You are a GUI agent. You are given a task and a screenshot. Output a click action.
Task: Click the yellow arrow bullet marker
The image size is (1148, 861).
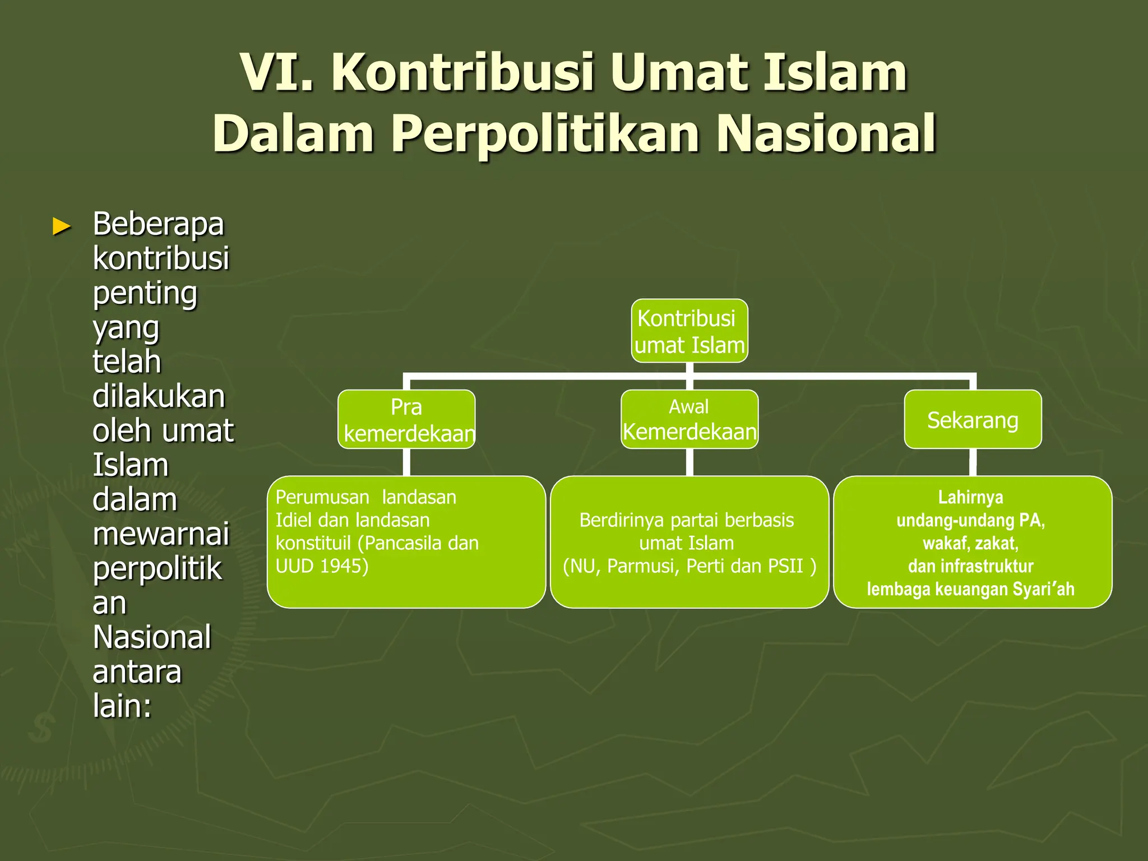[x=62, y=226]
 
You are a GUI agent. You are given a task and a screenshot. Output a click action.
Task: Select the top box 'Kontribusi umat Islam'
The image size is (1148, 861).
[x=689, y=331]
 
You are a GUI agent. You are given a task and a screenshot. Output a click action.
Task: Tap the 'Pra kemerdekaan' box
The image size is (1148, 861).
[x=406, y=419]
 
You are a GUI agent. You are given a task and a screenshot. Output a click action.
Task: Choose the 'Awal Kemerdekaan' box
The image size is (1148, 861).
[x=689, y=419]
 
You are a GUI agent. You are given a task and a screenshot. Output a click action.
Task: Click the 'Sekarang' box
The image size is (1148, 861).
[x=973, y=420]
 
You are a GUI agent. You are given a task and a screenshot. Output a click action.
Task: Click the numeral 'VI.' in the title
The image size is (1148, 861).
[x=277, y=72]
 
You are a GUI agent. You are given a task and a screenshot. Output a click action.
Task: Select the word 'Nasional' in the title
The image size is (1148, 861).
[x=826, y=133]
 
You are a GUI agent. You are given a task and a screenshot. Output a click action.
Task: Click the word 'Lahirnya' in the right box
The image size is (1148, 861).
[x=970, y=497]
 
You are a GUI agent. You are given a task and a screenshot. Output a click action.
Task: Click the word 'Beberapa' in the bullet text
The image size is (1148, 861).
[x=158, y=224]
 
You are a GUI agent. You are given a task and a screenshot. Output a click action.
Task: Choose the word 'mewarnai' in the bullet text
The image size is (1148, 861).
[x=161, y=534]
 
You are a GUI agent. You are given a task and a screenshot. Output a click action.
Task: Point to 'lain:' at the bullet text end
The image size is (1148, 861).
[x=122, y=706]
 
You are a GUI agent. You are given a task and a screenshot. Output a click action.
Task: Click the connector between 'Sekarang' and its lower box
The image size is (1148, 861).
[x=973, y=462]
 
